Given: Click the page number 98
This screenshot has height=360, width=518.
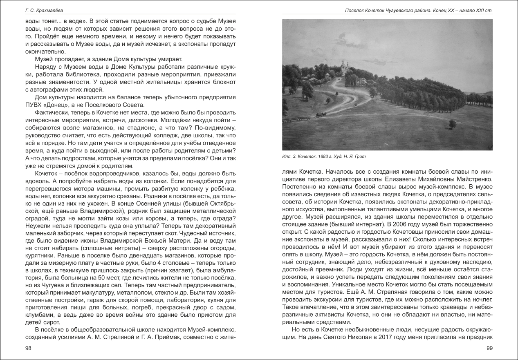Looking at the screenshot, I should point(28,348).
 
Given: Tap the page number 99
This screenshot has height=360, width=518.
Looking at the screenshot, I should point(489,348).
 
